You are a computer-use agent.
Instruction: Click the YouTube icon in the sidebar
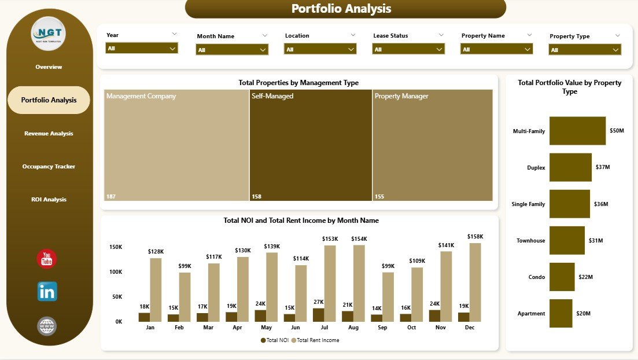click(x=46, y=259)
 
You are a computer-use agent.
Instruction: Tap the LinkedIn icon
click(x=47, y=292)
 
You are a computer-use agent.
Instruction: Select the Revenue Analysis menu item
click(x=49, y=134)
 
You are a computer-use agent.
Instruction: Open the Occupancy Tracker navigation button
click(x=49, y=167)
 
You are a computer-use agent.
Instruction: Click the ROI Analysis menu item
click(x=49, y=200)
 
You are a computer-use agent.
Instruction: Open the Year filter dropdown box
click(x=142, y=49)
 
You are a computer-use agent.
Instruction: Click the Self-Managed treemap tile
click(x=311, y=145)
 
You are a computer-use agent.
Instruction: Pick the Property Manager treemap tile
click(x=432, y=145)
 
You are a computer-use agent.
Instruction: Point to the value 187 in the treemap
click(x=111, y=197)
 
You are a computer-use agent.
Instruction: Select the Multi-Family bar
click(x=577, y=131)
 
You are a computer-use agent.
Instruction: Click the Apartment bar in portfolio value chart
click(x=560, y=313)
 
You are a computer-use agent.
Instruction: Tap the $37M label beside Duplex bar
click(x=603, y=167)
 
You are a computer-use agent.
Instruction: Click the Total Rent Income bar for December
click(x=475, y=282)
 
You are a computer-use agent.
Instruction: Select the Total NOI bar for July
click(x=318, y=314)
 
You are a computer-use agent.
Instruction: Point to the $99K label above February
click(x=185, y=266)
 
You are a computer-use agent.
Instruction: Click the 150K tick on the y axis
click(x=115, y=247)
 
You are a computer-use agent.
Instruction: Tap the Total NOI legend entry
click(x=275, y=340)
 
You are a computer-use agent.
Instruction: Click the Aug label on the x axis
click(x=353, y=328)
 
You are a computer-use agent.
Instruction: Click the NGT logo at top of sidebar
click(x=48, y=34)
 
